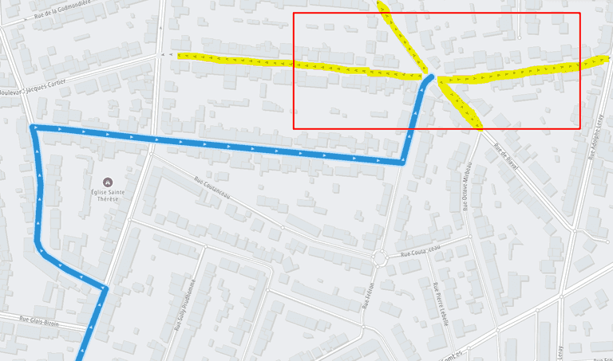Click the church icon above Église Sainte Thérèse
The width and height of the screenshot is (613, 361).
[102, 181]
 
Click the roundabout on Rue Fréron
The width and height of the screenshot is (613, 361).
[381, 257]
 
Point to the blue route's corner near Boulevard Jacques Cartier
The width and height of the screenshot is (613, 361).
[34, 128]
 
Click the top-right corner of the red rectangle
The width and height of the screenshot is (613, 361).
[579, 13]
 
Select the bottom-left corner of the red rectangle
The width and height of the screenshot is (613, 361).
[294, 128]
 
